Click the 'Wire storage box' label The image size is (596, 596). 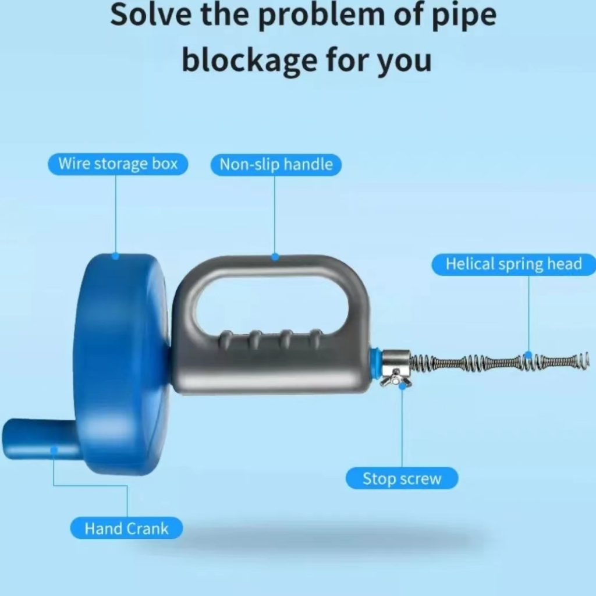tap(118, 164)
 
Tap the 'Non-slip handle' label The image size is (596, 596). tap(276, 165)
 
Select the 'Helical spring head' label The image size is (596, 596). tap(514, 264)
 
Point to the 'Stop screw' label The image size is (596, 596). tap(402, 478)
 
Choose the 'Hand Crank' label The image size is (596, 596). tap(126, 528)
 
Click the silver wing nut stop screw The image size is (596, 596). tap(396, 378)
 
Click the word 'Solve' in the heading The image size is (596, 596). tap(151, 15)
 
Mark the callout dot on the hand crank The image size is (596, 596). tap(54, 450)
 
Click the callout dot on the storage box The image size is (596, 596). tap(116, 256)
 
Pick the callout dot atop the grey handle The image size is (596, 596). tap(275, 257)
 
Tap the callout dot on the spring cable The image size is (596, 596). tap(528, 356)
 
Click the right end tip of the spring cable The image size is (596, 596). tap(588, 360)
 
